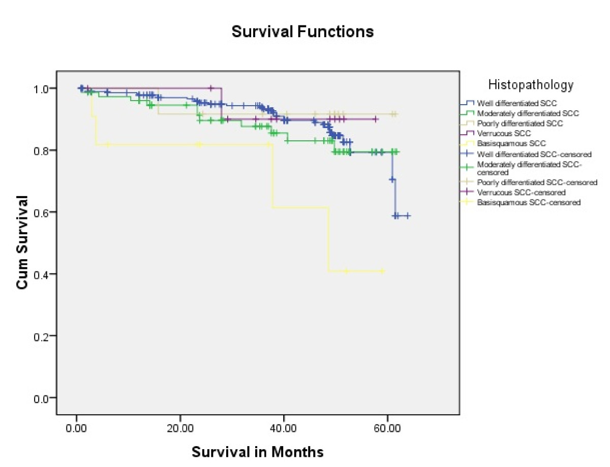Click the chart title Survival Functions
[302, 32]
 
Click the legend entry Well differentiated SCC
[513, 103]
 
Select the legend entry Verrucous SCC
[504, 133]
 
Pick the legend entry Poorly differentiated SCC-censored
[537, 182]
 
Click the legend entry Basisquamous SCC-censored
[529, 202]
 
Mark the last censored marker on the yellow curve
[382, 271]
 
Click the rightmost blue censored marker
[407, 215]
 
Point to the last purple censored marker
[376, 119]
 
